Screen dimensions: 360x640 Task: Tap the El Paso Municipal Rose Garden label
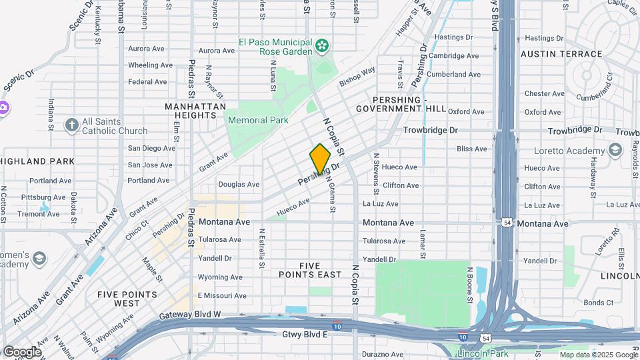[x=275, y=46]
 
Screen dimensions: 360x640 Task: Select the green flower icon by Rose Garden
[x=323, y=45]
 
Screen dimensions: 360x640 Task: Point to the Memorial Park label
[x=257, y=120]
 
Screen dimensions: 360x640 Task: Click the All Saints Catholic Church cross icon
[x=71, y=125]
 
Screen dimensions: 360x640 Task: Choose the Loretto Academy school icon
[x=614, y=151]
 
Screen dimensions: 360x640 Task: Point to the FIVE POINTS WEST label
[x=127, y=299]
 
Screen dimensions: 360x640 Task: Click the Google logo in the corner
[x=22, y=352]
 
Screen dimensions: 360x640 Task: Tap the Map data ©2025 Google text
[x=599, y=354]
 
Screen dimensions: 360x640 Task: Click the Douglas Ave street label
[x=239, y=184]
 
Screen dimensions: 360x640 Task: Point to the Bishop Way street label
[x=357, y=77]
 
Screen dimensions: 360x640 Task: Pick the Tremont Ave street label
[x=38, y=214]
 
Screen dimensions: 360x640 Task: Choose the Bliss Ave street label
[x=471, y=149]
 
